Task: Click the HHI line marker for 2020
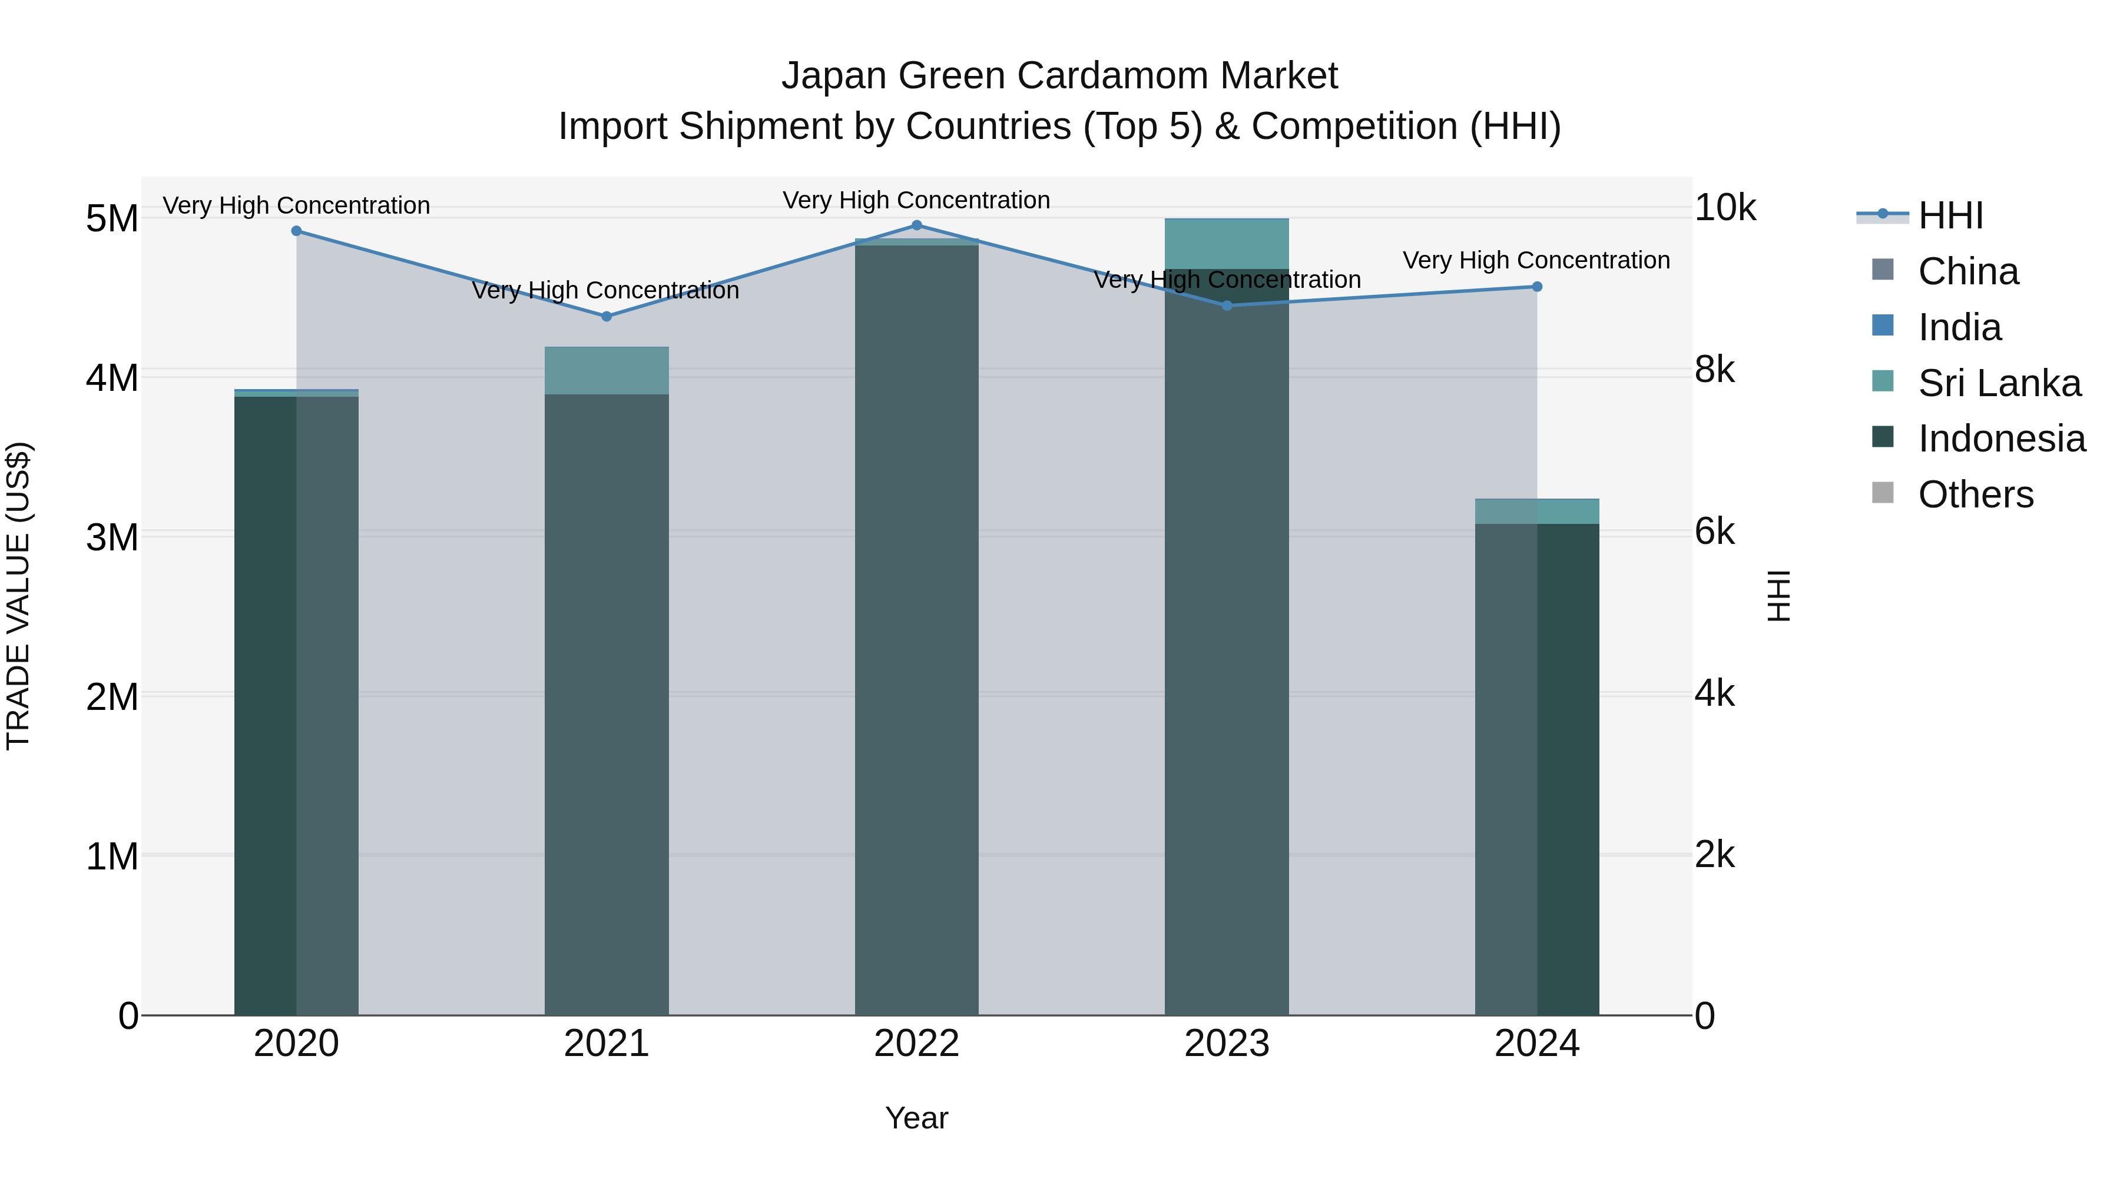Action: pyautogui.click(x=296, y=231)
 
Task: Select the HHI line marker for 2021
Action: pyautogui.click(x=607, y=317)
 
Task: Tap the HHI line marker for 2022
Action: pyautogui.click(x=917, y=225)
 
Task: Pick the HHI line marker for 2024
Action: pyautogui.click(x=1536, y=287)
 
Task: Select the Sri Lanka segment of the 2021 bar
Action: pyautogui.click(x=607, y=371)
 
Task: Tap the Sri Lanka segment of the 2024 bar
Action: pyautogui.click(x=1536, y=512)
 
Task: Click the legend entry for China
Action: pyautogui.click(x=1967, y=271)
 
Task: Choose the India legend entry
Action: pyautogui.click(x=1959, y=327)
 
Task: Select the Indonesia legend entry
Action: pyautogui.click(x=2000, y=439)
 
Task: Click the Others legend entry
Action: pyautogui.click(x=1975, y=494)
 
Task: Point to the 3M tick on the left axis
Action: pyautogui.click(x=112, y=537)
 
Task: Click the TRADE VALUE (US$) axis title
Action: pyautogui.click(x=18, y=596)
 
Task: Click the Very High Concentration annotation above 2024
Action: pyautogui.click(x=1536, y=261)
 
